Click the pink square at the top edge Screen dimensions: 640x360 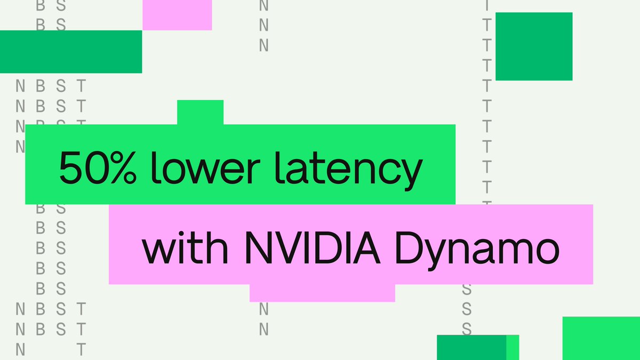(177, 14)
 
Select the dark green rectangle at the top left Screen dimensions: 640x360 (70, 51)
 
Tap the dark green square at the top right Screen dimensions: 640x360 (533, 46)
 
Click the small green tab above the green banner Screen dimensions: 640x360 (200, 112)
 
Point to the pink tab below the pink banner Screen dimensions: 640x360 (322, 293)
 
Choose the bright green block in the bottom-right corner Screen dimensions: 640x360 (601, 338)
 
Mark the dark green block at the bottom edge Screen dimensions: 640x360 (471, 347)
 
